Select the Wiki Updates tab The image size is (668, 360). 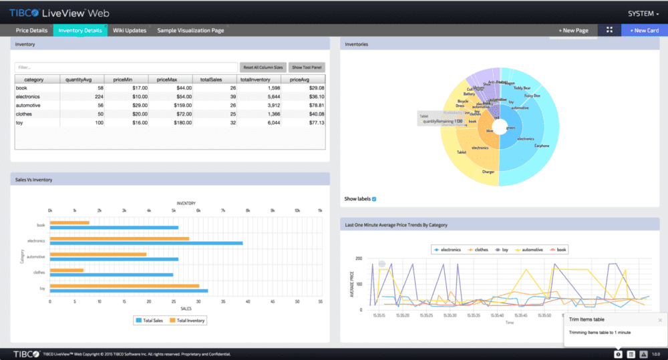(130, 30)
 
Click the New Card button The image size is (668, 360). (644, 30)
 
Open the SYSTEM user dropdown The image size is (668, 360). (643, 13)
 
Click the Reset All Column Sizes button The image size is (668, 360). (263, 67)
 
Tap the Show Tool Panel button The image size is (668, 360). (307, 67)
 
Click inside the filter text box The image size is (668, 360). (126, 67)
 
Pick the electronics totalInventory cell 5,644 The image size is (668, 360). (260, 96)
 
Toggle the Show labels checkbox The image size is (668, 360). (374, 199)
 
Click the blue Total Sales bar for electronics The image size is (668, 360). (146, 243)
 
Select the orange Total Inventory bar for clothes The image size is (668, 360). (67, 270)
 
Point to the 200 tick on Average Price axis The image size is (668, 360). (359, 258)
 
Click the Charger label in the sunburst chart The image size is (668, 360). (488, 172)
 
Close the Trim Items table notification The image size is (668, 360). (659, 321)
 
